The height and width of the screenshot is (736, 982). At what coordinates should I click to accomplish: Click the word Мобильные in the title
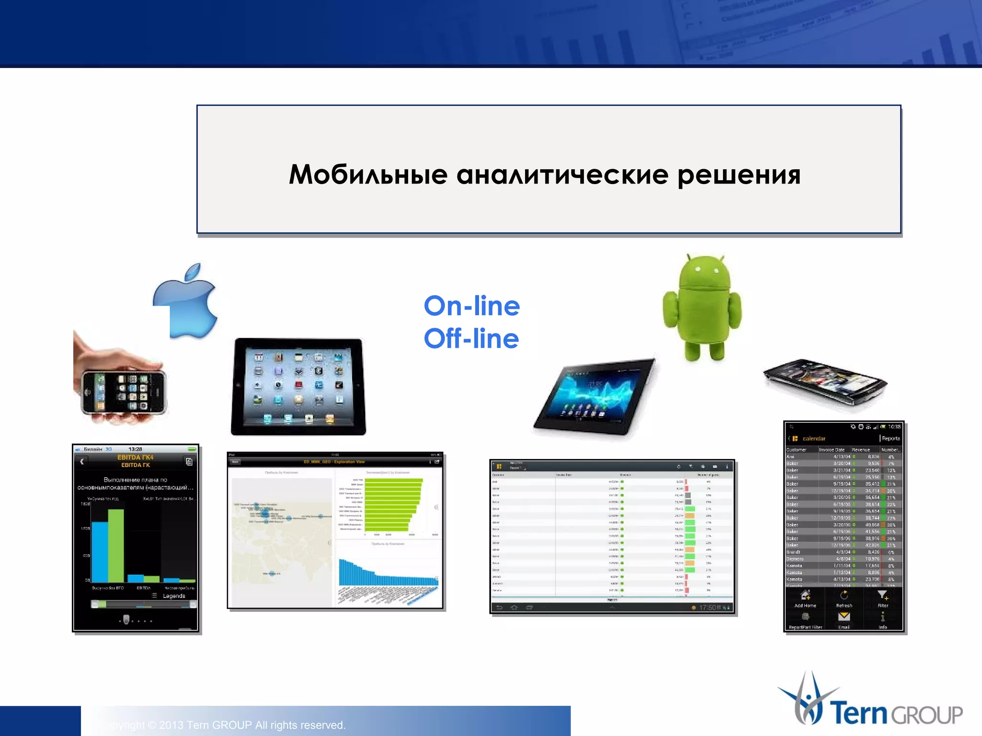[368, 174]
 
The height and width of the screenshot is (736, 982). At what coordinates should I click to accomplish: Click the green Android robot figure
[702, 307]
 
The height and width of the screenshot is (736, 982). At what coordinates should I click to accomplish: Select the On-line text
[472, 306]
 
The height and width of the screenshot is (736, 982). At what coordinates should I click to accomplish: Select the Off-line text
[471, 338]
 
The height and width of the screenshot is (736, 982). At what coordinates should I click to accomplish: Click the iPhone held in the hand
[124, 392]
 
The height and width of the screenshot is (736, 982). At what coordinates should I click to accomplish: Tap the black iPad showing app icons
[298, 386]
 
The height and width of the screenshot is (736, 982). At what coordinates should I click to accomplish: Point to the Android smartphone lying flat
[825, 382]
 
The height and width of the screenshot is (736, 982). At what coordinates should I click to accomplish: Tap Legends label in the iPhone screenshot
[174, 596]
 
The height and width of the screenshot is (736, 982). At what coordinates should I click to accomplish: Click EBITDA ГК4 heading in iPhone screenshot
[135, 457]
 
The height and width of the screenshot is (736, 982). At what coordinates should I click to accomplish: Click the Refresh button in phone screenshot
[844, 598]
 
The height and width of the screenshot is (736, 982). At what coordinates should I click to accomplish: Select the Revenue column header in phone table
[861, 449]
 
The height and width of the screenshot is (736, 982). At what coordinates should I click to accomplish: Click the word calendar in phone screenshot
[814, 438]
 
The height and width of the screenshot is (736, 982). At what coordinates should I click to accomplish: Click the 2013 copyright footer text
[225, 725]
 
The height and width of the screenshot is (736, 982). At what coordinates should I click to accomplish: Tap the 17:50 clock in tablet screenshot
[707, 608]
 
